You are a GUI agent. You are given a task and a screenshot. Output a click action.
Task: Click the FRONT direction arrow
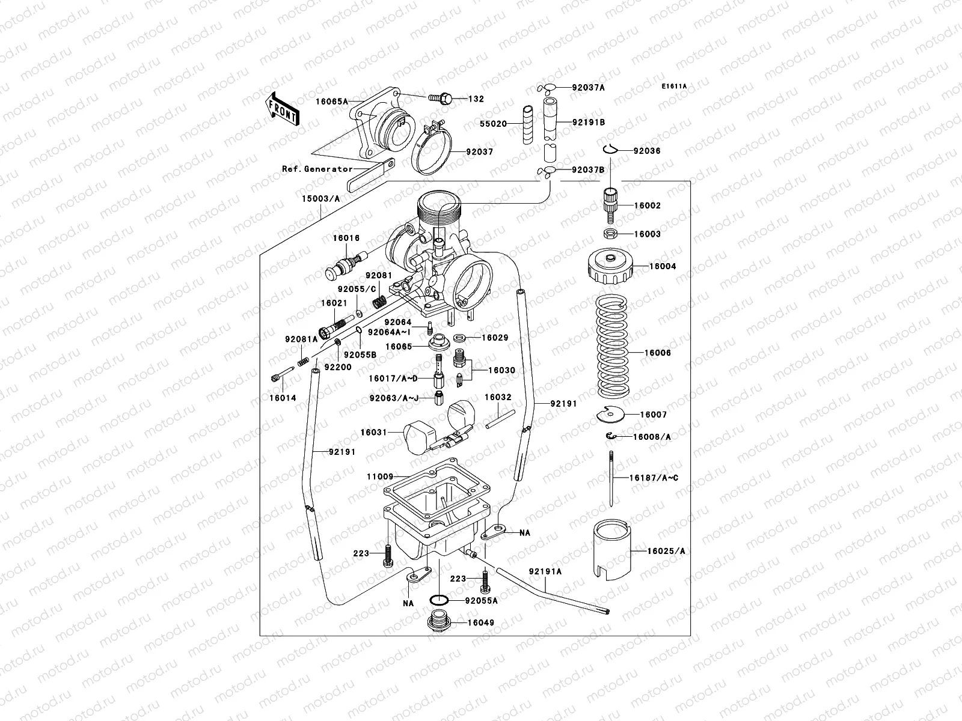[x=283, y=109]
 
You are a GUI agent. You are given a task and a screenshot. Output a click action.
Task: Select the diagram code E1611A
[x=674, y=87]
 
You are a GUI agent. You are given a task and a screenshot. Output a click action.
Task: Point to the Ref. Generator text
[x=317, y=169]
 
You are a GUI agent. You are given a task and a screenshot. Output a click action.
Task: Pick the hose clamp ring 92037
[x=431, y=153]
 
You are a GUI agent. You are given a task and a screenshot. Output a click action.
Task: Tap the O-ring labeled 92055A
[x=439, y=600]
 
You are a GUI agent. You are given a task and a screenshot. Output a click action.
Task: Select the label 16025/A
[x=666, y=550]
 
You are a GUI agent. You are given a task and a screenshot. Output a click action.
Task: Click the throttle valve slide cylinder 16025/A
[x=611, y=550]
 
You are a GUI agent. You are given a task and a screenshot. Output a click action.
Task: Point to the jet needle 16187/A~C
[x=610, y=478]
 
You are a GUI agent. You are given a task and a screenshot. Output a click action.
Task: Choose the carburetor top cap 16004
[x=610, y=268]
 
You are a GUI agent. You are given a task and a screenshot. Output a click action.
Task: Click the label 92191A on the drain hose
[x=545, y=571]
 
